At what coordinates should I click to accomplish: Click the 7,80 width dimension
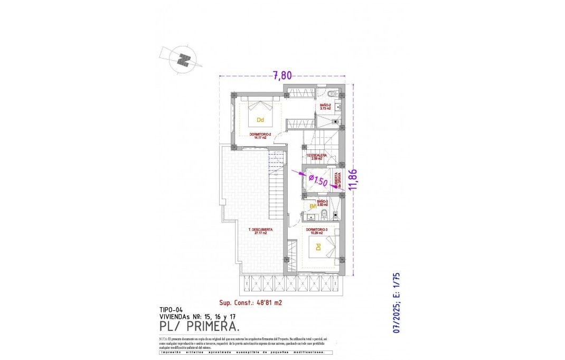(282, 75)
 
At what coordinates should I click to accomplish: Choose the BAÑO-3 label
(323, 202)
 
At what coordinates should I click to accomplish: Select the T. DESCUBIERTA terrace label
(260, 231)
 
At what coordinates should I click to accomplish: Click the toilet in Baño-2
(331, 94)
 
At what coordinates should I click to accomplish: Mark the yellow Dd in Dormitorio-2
(260, 120)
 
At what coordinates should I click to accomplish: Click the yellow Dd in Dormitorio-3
(318, 247)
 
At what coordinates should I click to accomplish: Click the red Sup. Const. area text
(250, 303)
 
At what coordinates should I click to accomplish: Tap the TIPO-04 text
(171, 310)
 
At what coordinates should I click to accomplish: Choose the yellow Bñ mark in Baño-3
(313, 207)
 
